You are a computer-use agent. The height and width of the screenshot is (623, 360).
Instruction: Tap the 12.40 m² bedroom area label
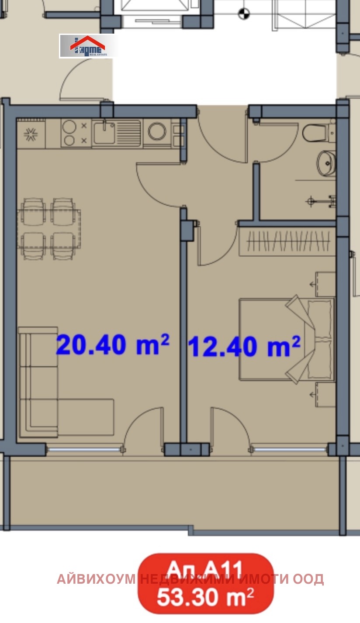(x=244, y=347)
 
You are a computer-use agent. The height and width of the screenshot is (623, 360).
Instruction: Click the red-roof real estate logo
(x=88, y=46)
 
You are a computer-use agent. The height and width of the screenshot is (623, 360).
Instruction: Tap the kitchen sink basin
(x=105, y=131)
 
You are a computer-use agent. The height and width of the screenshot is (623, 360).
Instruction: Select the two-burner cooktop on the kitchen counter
(x=74, y=133)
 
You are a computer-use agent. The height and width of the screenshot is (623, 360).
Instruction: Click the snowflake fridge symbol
(x=31, y=134)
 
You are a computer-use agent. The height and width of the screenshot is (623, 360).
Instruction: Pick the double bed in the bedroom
(x=286, y=339)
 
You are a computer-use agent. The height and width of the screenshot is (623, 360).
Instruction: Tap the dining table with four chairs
(x=49, y=228)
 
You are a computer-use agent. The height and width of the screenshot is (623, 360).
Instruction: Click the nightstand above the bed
(x=325, y=284)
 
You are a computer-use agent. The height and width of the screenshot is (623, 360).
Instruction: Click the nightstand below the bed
(x=325, y=395)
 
